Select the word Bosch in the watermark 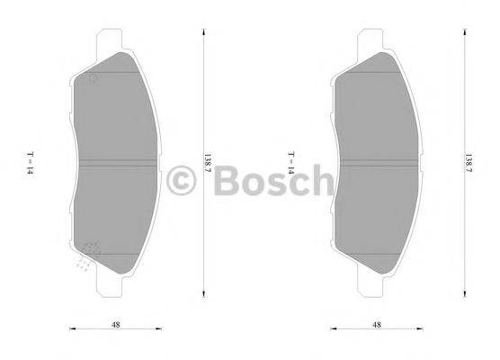261,182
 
